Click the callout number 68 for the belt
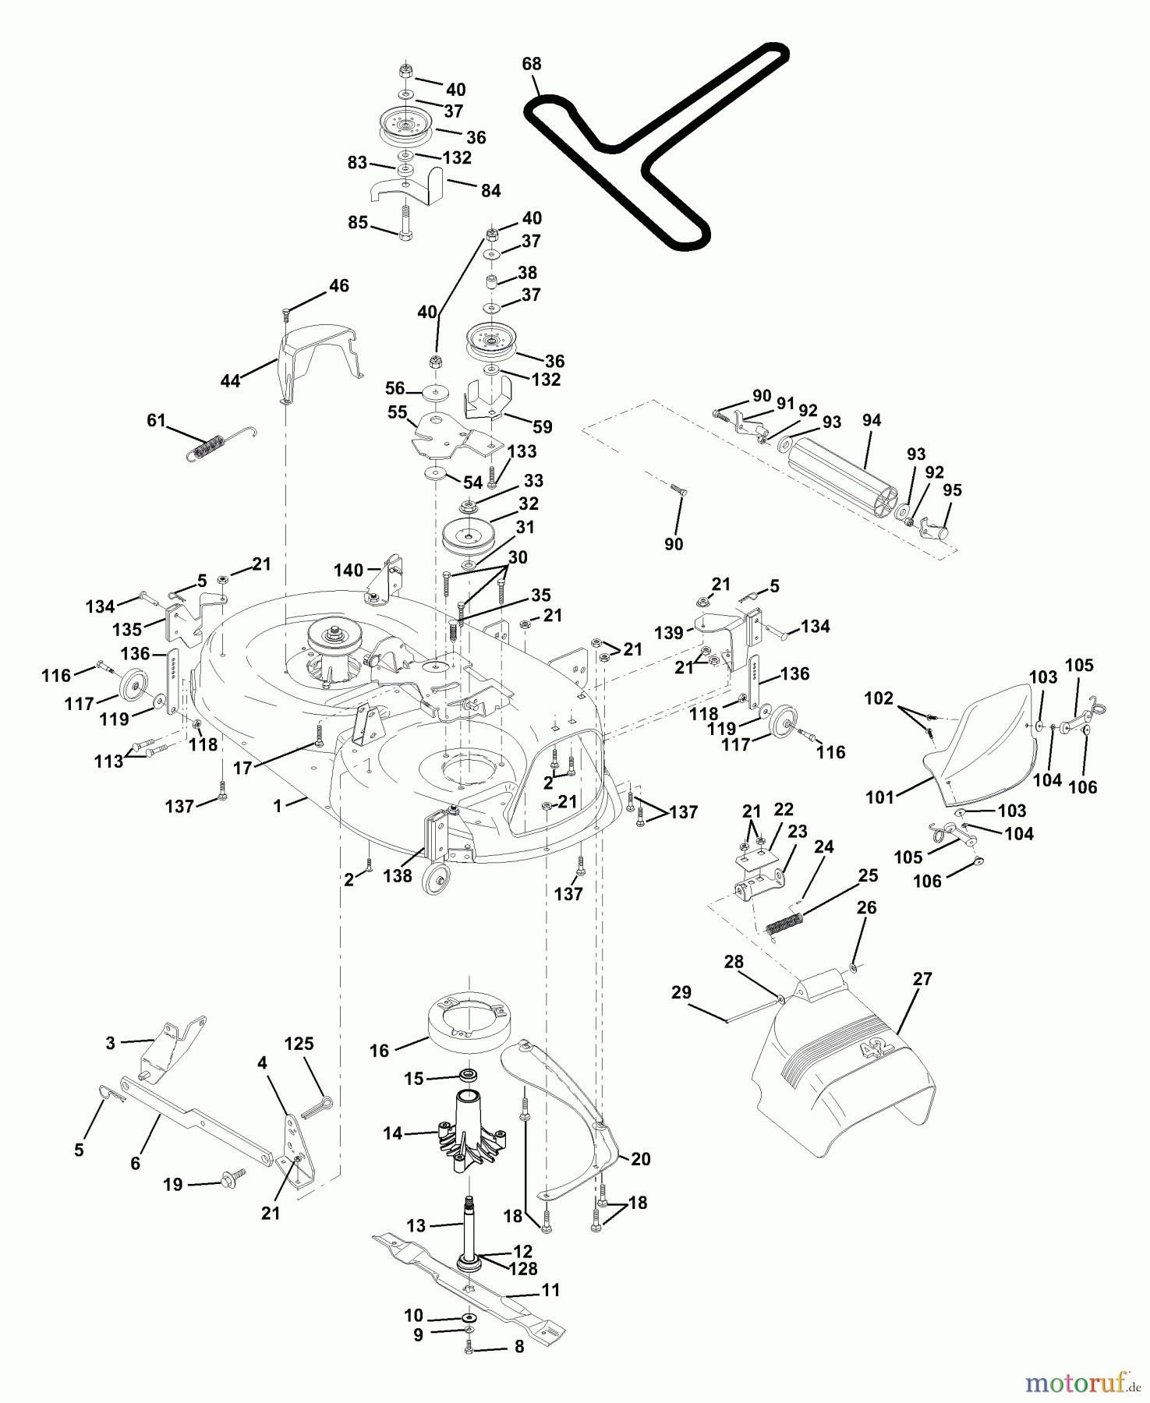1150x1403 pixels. (x=532, y=64)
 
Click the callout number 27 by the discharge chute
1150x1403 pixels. (x=922, y=979)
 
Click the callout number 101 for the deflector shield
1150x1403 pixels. (x=879, y=797)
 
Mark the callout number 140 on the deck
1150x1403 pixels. (x=349, y=570)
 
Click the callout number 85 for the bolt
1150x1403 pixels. (x=358, y=222)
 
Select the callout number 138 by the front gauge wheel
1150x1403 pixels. (x=398, y=876)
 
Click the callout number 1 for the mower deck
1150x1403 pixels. (x=278, y=806)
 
